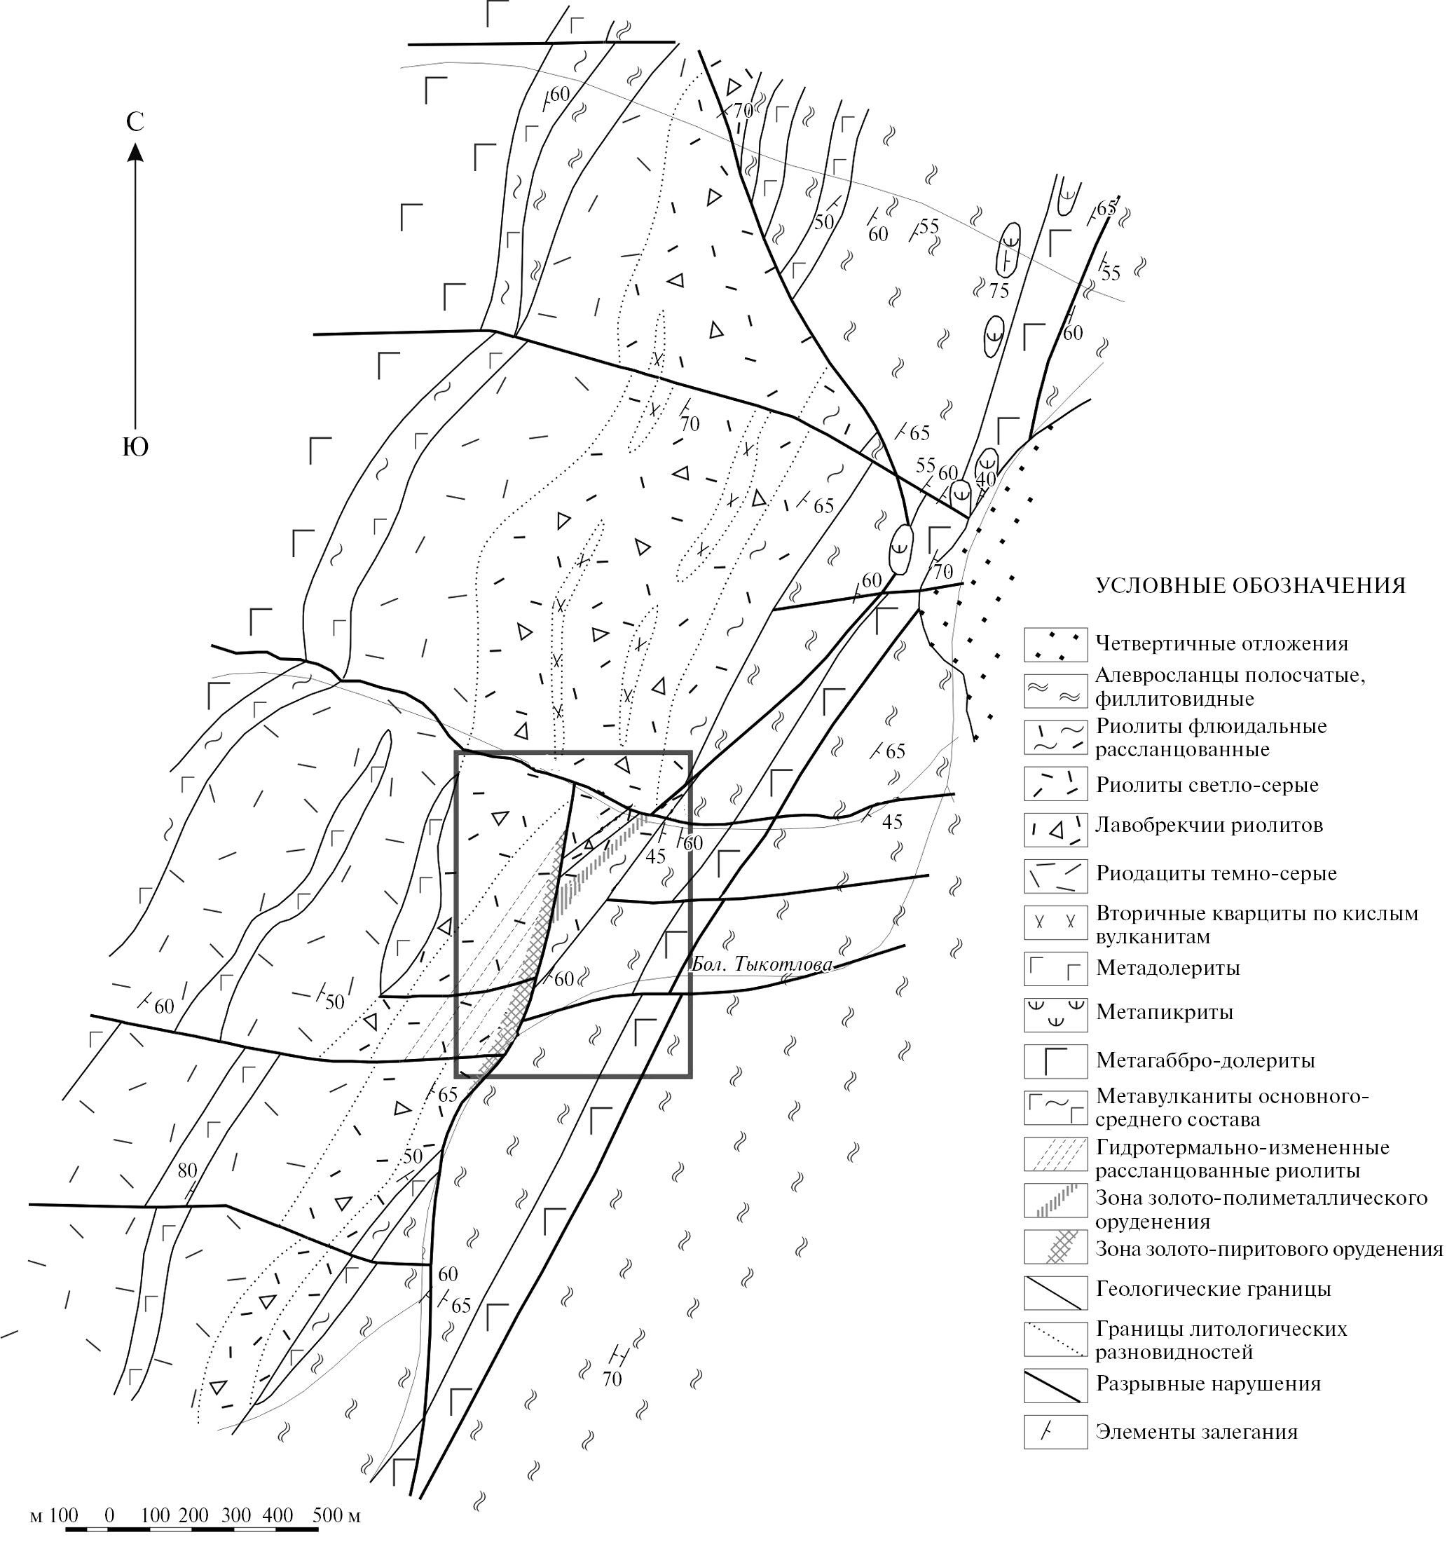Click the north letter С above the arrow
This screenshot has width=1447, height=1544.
135,122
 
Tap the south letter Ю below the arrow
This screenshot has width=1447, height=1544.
136,447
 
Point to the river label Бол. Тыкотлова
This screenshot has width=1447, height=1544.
762,964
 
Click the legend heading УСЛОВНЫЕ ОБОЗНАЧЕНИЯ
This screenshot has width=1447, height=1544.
1251,586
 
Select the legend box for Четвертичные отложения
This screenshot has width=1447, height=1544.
1055,645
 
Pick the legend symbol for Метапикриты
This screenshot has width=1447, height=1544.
1055,1013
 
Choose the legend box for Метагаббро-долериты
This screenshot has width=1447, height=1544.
1055,1061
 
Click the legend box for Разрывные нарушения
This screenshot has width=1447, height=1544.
1055,1384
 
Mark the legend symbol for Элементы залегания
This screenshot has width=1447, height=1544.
1055,1431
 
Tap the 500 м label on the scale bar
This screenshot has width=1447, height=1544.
336,1515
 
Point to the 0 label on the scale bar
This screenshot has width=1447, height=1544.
109,1515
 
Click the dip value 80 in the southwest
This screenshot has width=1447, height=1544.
187,1170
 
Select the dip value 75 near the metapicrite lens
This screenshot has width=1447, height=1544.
999,292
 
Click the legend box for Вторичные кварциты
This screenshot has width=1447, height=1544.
1055,924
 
